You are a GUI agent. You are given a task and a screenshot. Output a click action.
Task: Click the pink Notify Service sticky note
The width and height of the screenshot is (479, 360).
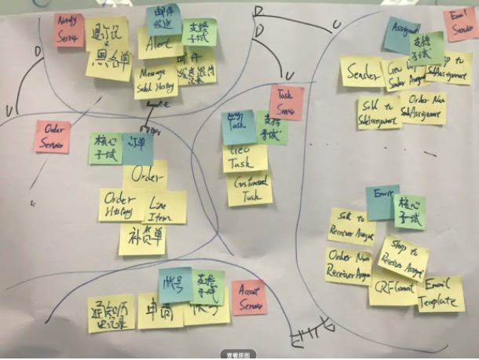pos(69,29)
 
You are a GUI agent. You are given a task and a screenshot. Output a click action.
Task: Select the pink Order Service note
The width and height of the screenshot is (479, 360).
pos(53,136)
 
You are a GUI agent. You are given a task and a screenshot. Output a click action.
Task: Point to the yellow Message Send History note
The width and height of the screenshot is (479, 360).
pos(155,81)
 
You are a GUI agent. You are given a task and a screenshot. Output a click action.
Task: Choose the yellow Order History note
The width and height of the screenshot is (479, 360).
pos(119,204)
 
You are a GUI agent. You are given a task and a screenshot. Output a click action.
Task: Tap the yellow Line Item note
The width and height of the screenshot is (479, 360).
pos(164,206)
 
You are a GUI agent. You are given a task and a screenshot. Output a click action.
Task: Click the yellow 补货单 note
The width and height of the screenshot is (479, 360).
pos(142,238)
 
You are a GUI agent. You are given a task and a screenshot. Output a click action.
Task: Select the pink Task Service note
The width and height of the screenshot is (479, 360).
pos(287,103)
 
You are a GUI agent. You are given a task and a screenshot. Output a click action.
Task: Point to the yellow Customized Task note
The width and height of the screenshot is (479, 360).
pos(250,189)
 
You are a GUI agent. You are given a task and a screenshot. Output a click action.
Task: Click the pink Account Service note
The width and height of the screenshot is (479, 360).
pos(249,298)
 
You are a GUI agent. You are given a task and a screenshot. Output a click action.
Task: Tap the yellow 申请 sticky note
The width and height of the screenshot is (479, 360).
pos(159,310)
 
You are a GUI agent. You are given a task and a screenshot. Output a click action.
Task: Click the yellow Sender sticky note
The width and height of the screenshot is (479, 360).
pos(361,72)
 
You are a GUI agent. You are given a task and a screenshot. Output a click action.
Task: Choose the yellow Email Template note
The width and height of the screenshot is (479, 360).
pos(441,294)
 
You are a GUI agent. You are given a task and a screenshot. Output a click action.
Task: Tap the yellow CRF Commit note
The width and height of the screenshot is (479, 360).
pos(393,288)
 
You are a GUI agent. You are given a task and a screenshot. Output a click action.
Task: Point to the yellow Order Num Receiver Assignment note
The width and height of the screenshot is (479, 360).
pos(348,264)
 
